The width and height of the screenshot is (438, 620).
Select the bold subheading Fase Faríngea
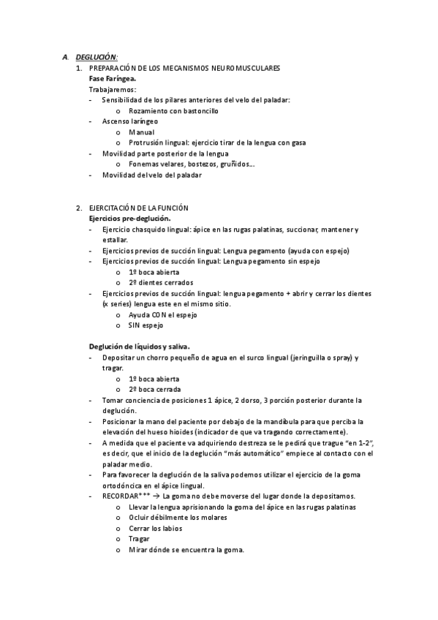pos(112,77)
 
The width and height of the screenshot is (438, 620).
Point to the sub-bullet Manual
pos(141,132)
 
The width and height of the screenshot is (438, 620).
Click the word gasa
pos(298,143)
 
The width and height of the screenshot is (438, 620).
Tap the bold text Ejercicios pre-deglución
pos(129,219)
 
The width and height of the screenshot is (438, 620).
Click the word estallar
pos(115,240)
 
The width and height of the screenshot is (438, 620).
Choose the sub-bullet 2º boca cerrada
pos(154,390)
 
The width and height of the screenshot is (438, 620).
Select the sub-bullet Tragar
pos(139,539)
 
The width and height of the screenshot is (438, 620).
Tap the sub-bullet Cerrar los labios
pos(155,528)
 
